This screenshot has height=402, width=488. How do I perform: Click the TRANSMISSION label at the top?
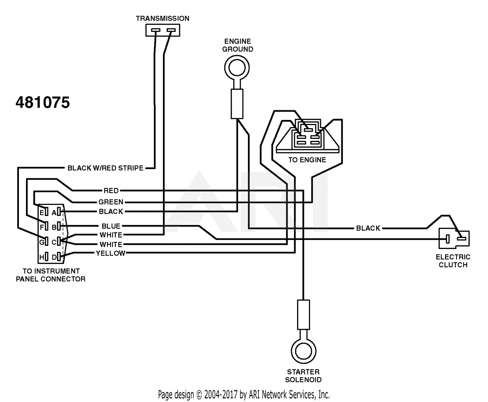click(162, 19)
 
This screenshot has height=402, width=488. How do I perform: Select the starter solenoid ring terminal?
click(303, 351)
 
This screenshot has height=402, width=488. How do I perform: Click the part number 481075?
click(43, 102)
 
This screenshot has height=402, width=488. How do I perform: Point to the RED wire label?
click(111, 191)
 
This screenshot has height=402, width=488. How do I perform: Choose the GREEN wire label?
click(111, 202)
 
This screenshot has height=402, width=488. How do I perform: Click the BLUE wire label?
click(111, 226)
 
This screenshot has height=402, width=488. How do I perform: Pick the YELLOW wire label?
click(111, 253)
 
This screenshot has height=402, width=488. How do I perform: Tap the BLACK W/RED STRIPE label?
click(105, 168)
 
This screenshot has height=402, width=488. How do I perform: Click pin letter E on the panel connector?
click(42, 213)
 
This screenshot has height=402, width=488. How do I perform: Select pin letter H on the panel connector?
click(42, 257)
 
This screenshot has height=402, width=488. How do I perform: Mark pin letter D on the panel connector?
click(54, 257)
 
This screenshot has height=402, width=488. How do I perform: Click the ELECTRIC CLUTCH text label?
click(453, 261)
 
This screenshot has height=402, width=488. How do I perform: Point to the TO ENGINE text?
click(307, 160)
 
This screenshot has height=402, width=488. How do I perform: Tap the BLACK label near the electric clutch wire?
click(368, 228)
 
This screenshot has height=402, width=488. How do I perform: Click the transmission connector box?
click(163, 30)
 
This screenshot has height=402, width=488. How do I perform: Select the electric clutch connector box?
click(454, 239)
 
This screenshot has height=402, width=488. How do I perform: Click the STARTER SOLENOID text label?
click(303, 376)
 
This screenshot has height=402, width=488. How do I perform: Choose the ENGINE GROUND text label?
click(237, 45)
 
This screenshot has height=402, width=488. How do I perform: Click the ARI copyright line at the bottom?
click(244, 395)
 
